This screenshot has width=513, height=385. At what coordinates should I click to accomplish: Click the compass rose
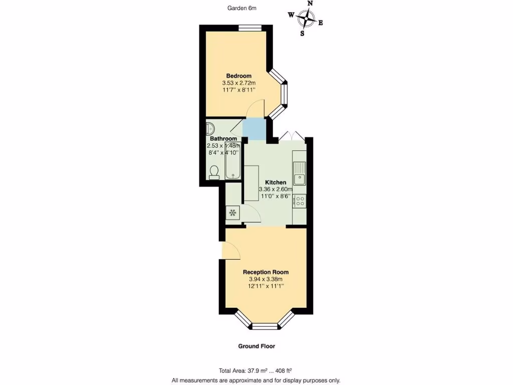(x=306, y=19)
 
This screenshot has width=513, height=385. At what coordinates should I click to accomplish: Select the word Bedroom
(x=239, y=76)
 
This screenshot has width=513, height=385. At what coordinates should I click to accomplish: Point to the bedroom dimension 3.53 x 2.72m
(x=239, y=83)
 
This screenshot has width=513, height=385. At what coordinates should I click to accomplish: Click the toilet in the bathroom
(x=214, y=172)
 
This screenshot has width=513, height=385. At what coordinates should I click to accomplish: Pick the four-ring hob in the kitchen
(x=300, y=201)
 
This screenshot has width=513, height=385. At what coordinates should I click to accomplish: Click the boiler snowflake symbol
(x=233, y=213)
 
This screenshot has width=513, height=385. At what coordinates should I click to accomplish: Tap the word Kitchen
(x=276, y=182)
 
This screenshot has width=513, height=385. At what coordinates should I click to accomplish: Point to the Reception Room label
(x=266, y=272)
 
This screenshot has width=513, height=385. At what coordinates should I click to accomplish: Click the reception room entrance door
(x=230, y=250)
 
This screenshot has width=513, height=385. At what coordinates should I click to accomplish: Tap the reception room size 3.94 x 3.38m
(x=266, y=279)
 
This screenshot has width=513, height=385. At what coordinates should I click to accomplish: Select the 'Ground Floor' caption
(x=256, y=346)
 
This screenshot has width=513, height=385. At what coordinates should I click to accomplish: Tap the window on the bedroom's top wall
(x=249, y=27)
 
